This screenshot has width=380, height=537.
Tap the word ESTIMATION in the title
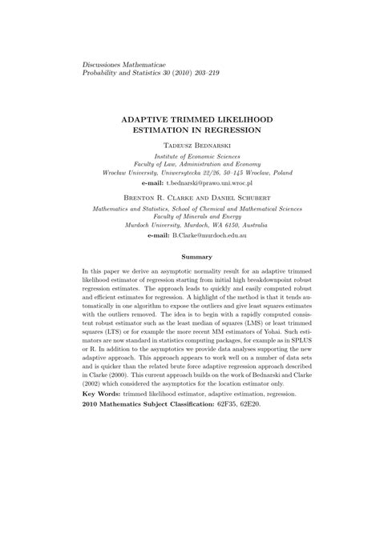pos(161,127)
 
